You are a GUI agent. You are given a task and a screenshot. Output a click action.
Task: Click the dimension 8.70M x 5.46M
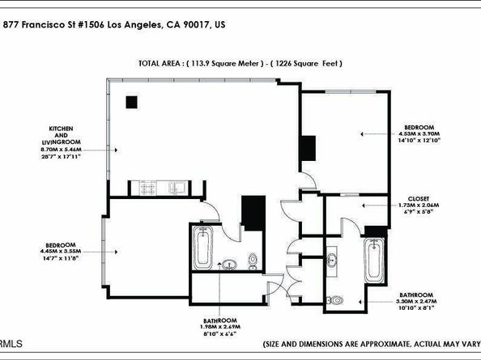click(x=67, y=150)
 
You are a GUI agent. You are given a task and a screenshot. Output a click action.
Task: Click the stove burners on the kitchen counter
click(x=149, y=188)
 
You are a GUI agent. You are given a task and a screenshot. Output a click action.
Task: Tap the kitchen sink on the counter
click(x=177, y=188)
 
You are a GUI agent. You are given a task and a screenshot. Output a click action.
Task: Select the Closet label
click(x=420, y=197)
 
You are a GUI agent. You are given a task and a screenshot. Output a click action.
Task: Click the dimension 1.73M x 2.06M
click(x=420, y=205)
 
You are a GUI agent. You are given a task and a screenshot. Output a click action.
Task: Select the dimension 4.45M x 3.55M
click(x=62, y=250)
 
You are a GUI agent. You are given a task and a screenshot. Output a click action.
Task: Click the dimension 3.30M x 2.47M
click(x=419, y=301)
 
